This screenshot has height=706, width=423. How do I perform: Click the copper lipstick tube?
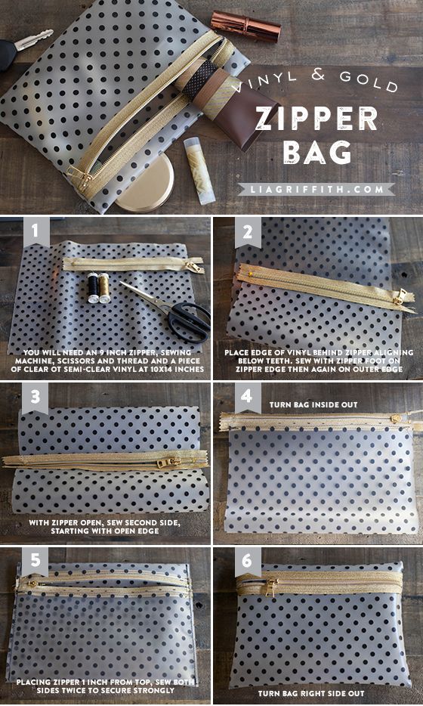point(245,26)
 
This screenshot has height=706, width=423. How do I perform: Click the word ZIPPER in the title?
point(316,119)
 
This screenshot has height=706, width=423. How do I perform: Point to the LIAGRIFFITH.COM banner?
point(316,189)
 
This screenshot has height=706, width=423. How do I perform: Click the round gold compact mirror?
point(145,185)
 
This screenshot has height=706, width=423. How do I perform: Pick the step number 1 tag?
point(36,232)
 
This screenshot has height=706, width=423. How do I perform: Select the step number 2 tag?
point(248,233)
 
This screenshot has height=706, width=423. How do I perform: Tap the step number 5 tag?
point(35,562)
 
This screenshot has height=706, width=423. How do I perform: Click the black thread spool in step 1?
point(93,288)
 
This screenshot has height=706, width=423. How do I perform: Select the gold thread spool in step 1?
point(104,288)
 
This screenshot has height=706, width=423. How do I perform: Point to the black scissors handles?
point(189,320)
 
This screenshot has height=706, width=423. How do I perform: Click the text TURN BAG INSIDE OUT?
point(313,405)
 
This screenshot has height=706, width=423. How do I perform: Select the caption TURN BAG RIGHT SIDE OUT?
point(311,693)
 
